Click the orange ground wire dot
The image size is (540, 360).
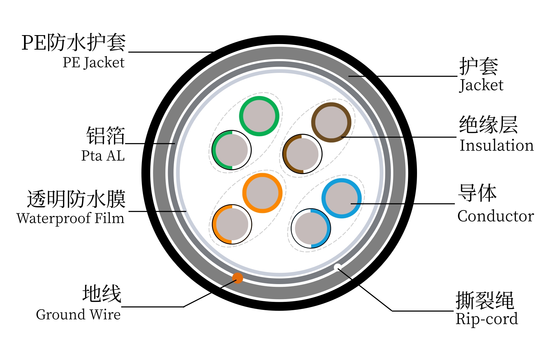[238, 278]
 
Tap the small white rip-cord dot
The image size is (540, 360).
[337, 267]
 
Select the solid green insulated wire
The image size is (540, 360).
[259, 116]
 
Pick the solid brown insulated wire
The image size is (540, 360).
[331, 122]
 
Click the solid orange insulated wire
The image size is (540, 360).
[262, 193]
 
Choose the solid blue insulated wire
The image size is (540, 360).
[341, 198]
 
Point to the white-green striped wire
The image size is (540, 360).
[232, 150]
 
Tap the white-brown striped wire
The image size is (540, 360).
[302, 154]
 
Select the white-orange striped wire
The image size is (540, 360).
[232, 224]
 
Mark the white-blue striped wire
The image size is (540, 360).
[311, 228]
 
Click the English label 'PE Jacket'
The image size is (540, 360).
[93, 63]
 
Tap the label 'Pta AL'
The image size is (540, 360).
[103, 156]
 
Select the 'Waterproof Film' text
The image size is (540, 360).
[70, 218]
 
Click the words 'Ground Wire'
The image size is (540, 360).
[78, 314]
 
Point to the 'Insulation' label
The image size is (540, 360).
[496, 145]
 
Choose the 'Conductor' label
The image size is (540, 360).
[496, 216]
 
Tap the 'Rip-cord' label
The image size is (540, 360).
[487, 319]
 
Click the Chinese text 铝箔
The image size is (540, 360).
[106, 135]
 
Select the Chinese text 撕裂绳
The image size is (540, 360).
[485, 300]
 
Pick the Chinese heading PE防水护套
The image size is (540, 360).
[74, 43]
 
